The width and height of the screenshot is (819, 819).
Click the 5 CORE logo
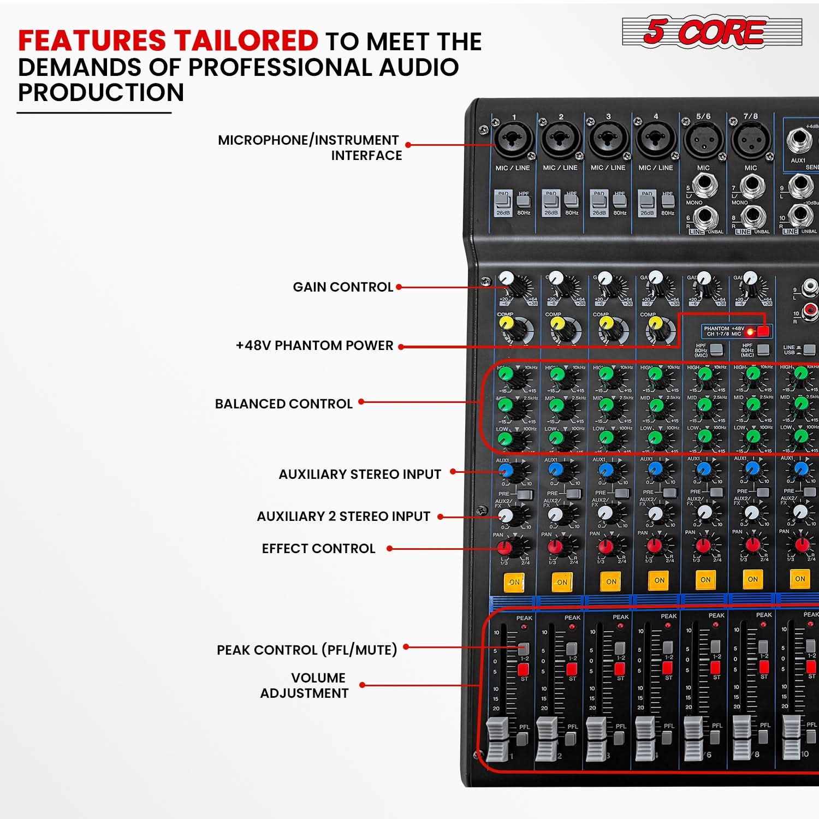pyautogui.click(x=711, y=32)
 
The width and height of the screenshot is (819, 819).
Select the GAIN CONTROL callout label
pyautogui.click(x=343, y=287)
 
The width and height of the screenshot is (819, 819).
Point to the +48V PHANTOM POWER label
pyautogui.click(x=314, y=346)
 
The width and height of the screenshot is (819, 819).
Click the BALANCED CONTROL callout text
pyautogui.click(x=284, y=404)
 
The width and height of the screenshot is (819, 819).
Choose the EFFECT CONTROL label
pyautogui.click(x=319, y=549)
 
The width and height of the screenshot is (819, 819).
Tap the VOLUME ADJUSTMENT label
pyautogui.click(x=305, y=686)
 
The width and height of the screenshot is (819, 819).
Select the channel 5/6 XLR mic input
pyautogui.click(x=703, y=139)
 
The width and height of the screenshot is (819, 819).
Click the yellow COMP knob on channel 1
pyautogui.click(x=507, y=323)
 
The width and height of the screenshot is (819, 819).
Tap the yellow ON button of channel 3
pyautogui.click(x=611, y=581)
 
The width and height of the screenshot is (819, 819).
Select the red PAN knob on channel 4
pyautogui.click(x=654, y=545)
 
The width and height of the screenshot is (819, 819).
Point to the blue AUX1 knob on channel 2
pyautogui.click(x=556, y=468)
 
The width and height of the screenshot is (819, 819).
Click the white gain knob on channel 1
pyautogui.click(x=507, y=278)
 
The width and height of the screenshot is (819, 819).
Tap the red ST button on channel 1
pyautogui.click(x=524, y=669)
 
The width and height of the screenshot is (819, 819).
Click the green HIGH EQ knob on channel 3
pyautogui.click(x=606, y=374)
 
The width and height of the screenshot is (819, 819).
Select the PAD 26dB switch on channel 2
pyautogui.click(x=551, y=200)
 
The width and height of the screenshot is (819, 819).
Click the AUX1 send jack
pyautogui.click(x=798, y=141)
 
